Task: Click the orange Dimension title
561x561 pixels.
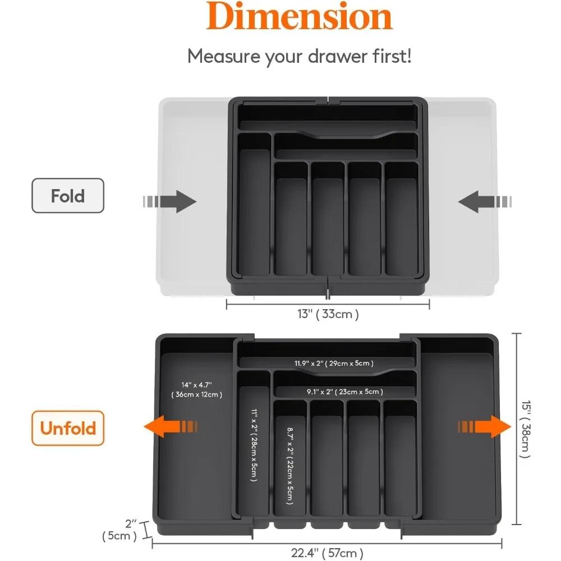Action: (300, 16)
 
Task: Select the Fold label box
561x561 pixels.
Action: (68, 196)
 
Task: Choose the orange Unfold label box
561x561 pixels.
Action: (68, 428)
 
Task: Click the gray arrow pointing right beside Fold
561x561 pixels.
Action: (169, 201)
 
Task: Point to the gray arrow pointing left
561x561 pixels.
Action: (485, 201)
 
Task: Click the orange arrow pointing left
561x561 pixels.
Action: (171, 426)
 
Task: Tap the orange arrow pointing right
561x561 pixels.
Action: (485, 426)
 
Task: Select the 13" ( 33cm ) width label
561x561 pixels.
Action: (328, 314)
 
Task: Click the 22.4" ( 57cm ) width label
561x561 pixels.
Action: (327, 553)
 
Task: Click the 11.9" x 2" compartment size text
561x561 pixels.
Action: (334, 364)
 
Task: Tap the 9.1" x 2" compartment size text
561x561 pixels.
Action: (345, 392)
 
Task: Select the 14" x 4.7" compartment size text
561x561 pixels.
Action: (196, 385)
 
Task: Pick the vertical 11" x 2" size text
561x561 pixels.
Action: (254, 445)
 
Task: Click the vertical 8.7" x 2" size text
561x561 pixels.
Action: (290, 466)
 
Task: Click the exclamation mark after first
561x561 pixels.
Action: (409, 56)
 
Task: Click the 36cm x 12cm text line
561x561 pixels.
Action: (197, 394)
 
